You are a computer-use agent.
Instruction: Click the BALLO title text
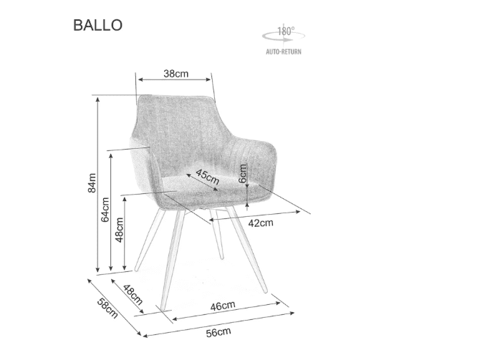click(97, 24)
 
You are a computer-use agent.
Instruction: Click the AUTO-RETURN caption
click(284, 52)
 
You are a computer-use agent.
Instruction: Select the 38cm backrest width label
click(176, 73)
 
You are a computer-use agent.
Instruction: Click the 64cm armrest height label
click(105, 210)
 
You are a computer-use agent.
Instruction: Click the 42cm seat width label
click(261, 223)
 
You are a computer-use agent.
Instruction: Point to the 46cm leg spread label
click(223, 305)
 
